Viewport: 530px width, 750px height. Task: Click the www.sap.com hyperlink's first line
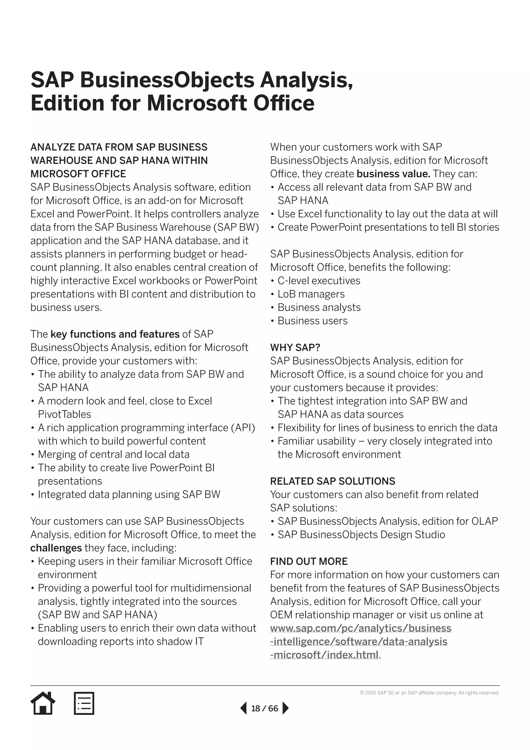coord(360,628)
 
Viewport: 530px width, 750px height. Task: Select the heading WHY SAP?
coord(295,348)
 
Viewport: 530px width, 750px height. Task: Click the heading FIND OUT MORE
coord(308,561)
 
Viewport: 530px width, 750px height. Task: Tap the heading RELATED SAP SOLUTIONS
coord(332,481)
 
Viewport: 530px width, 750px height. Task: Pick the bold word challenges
coord(56,548)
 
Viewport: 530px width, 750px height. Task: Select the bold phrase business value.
coord(393,174)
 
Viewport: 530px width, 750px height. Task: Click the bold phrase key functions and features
coord(115,334)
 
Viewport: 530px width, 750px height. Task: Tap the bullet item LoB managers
coord(311,294)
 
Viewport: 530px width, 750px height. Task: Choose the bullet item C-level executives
coord(319,280)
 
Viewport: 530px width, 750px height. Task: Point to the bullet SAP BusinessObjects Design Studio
coord(361,535)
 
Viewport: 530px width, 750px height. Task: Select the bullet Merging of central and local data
coord(113,455)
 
